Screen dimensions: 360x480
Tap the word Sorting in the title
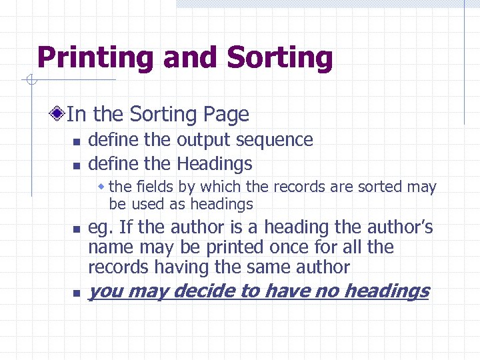(x=280, y=58)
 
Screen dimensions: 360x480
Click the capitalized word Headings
(x=214, y=163)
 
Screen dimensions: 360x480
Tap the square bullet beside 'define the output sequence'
(x=77, y=141)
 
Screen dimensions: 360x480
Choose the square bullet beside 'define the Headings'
(x=77, y=165)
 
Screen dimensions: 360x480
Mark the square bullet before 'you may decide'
(x=77, y=293)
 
